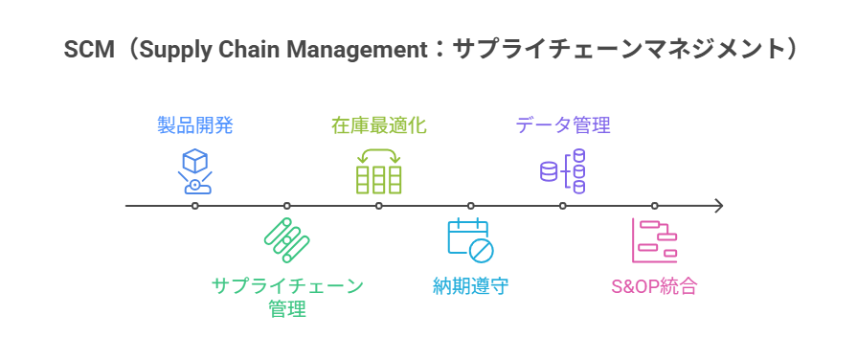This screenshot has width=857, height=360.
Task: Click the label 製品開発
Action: (x=195, y=124)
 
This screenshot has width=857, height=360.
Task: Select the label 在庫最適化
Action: (x=378, y=124)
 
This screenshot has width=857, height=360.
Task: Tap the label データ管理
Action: (x=562, y=124)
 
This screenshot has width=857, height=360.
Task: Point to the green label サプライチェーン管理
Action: (x=287, y=296)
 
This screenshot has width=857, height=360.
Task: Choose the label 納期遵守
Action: (x=470, y=285)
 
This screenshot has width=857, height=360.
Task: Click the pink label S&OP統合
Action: (x=654, y=285)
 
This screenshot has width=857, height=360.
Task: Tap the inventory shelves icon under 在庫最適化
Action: (x=378, y=179)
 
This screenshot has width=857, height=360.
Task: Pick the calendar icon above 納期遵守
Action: (x=470, y=240)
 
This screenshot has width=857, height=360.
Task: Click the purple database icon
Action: (x=562, y=170)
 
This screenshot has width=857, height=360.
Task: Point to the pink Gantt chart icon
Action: (x=654, y=240)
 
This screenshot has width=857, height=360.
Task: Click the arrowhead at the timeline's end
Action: (x=718, y=206)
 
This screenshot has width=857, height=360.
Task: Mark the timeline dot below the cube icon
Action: (x=195, y=206)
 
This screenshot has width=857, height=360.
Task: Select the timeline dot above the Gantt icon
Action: (x=654, y=206)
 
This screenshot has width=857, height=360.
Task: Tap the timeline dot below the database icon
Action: (x=562, y=206)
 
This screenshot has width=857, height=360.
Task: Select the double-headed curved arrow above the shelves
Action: (x=378, y=154)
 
